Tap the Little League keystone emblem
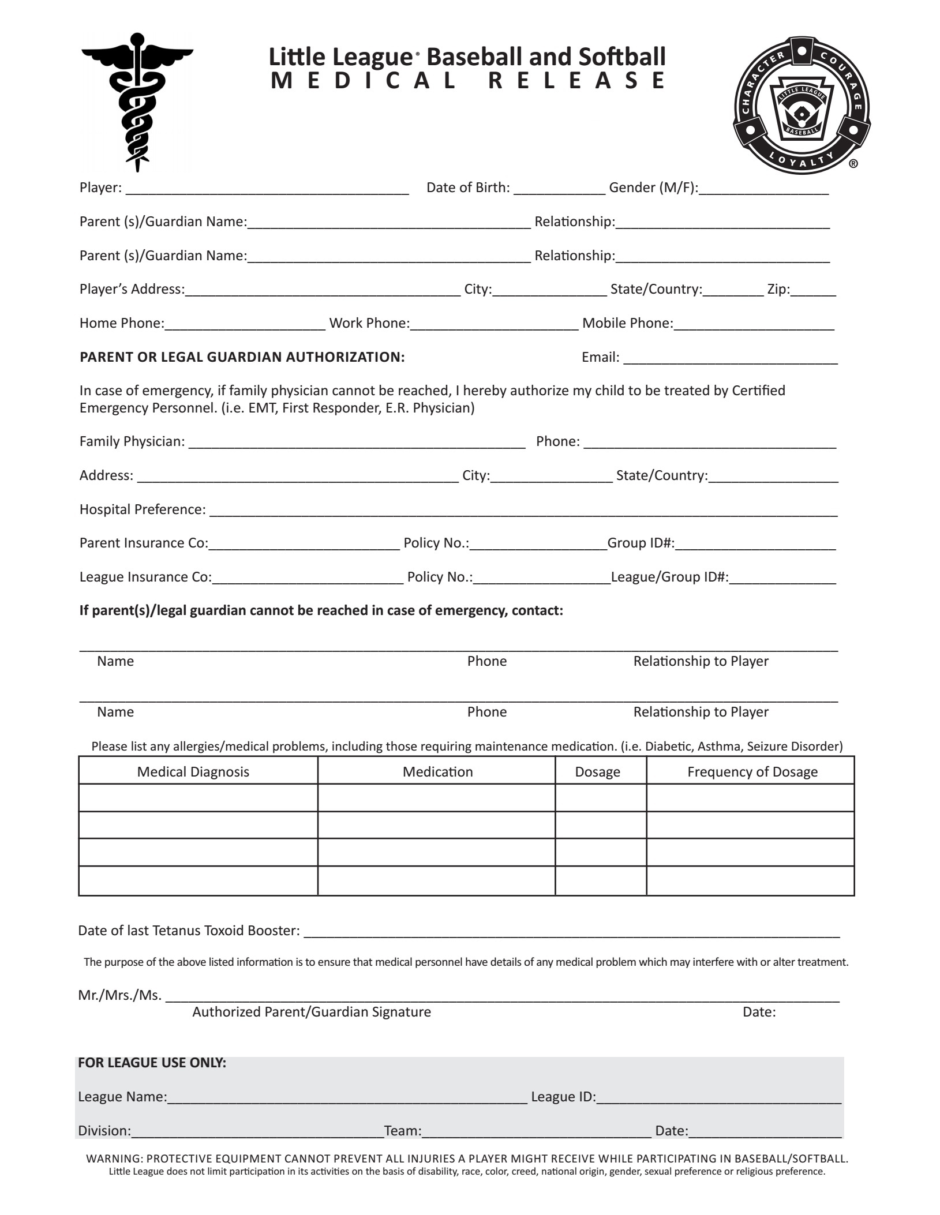click(x=802, y=105)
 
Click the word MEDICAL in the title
click(x=364, y=81)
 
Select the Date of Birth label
click(x=468, y=187)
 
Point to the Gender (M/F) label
click(x=653, y=187)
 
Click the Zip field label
click(x=778, y=289)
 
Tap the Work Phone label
click(x=369, y=323)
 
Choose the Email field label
click(x=600, y=357)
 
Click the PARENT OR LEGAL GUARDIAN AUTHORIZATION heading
click(x=242, y=357)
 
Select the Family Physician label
click(x=132, y=441)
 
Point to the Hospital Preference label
click(x=143, y=509)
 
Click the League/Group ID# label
click(x=669, y=577)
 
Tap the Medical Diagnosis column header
click(x=193, y=772)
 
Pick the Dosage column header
click(x=597, y=772)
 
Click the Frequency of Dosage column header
click(x=752, y=772)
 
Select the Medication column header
click(x=437, y=772)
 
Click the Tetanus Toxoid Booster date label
click(x=189, y=931)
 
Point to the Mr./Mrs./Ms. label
click(x=119, y=995)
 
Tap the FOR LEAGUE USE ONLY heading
click(x=152, y=1063)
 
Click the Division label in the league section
click(x=104, y=1131)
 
